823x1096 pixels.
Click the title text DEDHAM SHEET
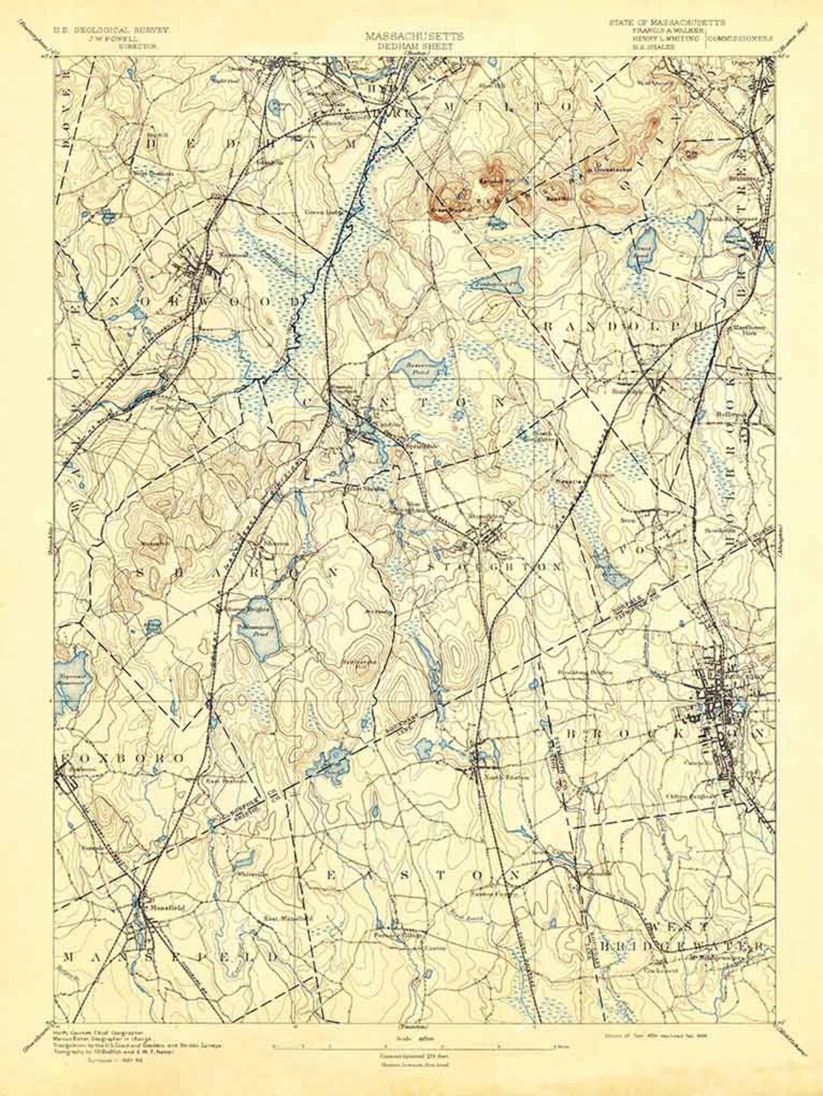(411, 46)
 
